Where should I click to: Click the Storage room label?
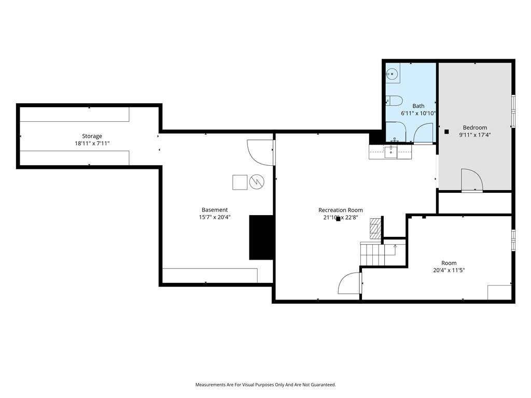tap(92, 136)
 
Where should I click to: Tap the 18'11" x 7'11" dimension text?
tap(92, 144)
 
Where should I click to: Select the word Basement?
tap(215, 210)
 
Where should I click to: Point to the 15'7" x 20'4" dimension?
tap(215, 217)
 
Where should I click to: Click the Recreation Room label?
tap(340, 210)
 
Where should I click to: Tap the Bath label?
tap(418, 106)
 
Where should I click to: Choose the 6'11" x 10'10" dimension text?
tap(418, 113)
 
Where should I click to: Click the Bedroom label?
tap(475, 127)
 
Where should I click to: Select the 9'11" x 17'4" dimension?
tap(475, 135)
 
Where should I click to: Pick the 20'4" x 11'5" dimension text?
tap(449, 270)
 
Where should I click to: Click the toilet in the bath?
tap(394, 101)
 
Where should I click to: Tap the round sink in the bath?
tap(393, 73)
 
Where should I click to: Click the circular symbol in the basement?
tap(257, 182)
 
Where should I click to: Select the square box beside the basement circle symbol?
tap(240, 182)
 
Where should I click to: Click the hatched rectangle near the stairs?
tap(375, 229)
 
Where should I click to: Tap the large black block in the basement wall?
tap(261, 237)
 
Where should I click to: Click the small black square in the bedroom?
tap(446, 132)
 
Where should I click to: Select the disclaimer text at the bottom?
tap(265, 385)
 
